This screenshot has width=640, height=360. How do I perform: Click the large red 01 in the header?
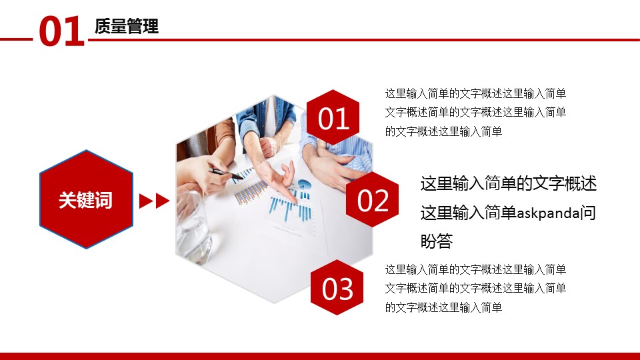[61, 31]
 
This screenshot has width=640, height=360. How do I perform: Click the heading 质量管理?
[127, 26]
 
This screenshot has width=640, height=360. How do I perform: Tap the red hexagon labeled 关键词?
[86, 199]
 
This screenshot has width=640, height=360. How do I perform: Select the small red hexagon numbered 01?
[333, 117]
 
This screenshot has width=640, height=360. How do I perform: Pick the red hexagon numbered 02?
[372, 199]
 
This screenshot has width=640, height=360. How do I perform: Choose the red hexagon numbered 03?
[337, 287]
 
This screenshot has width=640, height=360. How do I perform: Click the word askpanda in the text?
[548, 213]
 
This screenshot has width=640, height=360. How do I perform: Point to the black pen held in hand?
[226, 174]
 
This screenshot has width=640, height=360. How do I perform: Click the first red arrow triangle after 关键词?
[146, 201]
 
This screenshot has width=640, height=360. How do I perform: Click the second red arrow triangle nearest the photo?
[163, 201]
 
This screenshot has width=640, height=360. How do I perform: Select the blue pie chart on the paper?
[304, 185]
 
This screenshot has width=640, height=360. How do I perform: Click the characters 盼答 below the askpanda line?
[436, 241]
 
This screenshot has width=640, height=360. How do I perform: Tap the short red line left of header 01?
[16, 39]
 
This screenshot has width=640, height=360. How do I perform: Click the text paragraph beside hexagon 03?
[475, 288]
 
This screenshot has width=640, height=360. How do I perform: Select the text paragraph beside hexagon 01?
[475, 112]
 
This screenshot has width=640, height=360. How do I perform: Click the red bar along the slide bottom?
[320, 356]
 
